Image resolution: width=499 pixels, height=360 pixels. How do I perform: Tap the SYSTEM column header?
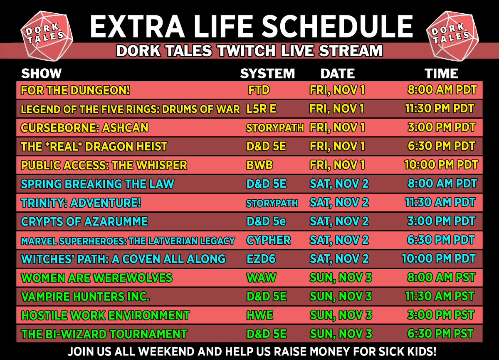[x=267, y=74]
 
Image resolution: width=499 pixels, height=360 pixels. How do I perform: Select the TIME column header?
[x=441, y=74]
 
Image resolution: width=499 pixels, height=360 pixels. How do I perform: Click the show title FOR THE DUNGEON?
[x=69, y=90]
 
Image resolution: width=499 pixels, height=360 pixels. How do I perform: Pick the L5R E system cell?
[x=261, y=109]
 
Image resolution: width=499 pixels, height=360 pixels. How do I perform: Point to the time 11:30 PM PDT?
[x=440, y=109]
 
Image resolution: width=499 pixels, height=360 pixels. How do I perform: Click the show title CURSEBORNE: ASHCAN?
[x=84, y=127]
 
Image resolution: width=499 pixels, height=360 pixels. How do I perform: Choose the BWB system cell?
[x=260, y=165]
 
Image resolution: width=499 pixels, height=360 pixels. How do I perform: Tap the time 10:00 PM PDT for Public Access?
[x=441, y=165]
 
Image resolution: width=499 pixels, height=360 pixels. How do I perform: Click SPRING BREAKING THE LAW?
[x=97, y=184]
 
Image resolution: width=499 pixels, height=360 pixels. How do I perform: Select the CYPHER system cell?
[x=269, y=240]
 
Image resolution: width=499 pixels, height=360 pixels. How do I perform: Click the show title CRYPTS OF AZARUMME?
[x=84, y=221]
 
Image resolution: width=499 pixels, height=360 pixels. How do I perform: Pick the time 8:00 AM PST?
[x=441, y=278]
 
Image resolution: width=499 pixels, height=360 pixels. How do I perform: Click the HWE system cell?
[x=260, y=315]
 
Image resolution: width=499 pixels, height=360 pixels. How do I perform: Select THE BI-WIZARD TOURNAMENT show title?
[x=104, y=334]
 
